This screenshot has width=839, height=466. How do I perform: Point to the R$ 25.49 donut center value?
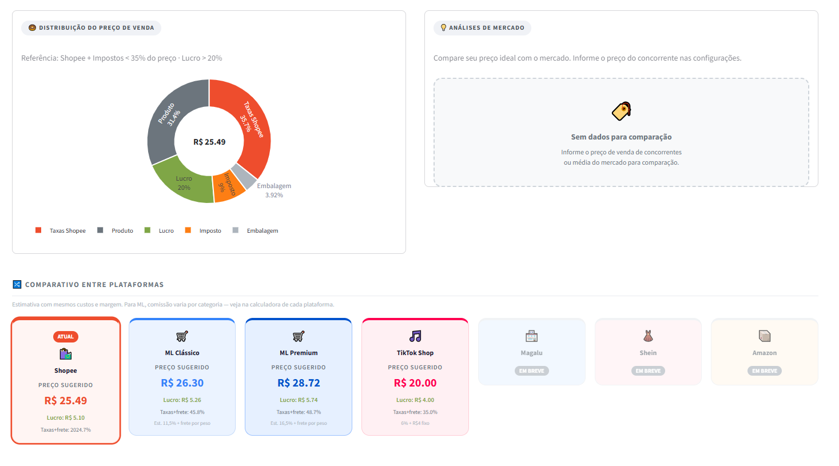pyautogui.click(x=209, y=142)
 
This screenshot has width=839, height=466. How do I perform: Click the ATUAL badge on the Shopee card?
pyautogui.click(x=66, y=337)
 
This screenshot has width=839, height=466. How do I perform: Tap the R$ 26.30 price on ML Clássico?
pyautogui.click(x=182, y=383)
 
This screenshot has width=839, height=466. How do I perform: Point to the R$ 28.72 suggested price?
pyautogui.click(x=299, y=383)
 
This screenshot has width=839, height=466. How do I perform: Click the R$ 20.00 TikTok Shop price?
pyautogui.click(x=415, y=383)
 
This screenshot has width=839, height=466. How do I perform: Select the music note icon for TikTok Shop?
pyautogui.click(x=415, y=336)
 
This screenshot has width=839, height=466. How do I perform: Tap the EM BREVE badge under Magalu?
pyautogui.click(x=532, y=371)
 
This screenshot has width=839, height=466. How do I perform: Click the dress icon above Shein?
pyautogui.click(x=648, y=336)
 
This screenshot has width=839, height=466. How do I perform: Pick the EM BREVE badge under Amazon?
pyautogui.click(x=765, y=371)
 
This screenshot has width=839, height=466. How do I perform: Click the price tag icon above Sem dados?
pyautogui.click(x=621, y=111)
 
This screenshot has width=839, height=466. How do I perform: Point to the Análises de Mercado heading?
pyautogui.click(x=486, y=27)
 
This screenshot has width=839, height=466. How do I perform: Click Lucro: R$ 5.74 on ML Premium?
pyautogui.click(x=299, y=400)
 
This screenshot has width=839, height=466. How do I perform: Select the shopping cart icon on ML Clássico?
pyautogui.click(x=182, y=336)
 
